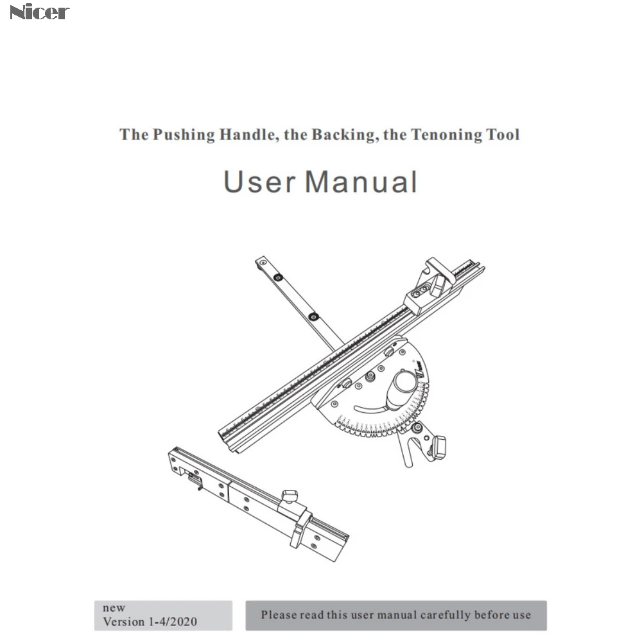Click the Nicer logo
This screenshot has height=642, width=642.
click(x=39, y=12)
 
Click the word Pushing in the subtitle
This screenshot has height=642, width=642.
click(x=184, y=135)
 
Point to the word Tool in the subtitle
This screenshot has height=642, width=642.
click(x=503, y=134)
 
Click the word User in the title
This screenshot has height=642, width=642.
click(x=259, y=182)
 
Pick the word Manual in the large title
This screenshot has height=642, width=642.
click(x=361, y=182)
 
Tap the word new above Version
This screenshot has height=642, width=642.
click(x=114, y=607)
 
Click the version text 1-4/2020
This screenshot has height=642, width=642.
click(x=172, y=621)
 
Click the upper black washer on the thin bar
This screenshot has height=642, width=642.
click(x=278, y=277)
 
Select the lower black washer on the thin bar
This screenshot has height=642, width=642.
click(x=314, y=317)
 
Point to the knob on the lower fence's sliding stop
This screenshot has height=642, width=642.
click(x=290, y=496)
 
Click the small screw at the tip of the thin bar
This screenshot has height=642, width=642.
click(x=263, y=262)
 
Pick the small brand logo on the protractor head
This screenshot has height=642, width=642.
click(x=419, y=370)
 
